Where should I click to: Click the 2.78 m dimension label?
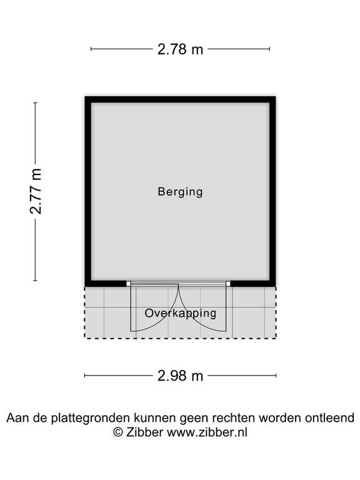[x=180, y=49]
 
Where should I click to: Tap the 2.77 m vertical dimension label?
[x=36, y=191]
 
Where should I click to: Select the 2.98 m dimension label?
[x=180, y=376]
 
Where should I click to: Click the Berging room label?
[x=180, y=192]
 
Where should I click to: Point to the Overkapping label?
[x=180, y=313]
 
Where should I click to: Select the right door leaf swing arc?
[x=194, y=318]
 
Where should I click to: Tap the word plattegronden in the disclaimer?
[x=90, y=418]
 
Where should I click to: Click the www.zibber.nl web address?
[x=207, y=432]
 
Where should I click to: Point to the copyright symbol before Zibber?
[x=119, y=432]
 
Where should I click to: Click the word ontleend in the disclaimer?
[x=329, y=417]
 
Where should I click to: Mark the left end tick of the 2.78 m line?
[x=91, y=49]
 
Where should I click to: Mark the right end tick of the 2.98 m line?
[x=276, y=376]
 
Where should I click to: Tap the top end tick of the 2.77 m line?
[x=36, y=103]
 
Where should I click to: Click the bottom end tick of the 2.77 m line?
[x=36, y=280]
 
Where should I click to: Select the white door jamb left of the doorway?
[x=128, y=284]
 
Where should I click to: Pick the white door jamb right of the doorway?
[x=228, y=284]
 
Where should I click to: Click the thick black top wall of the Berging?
[x=180, y=99]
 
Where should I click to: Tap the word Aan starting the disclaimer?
[x=16, y=417]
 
